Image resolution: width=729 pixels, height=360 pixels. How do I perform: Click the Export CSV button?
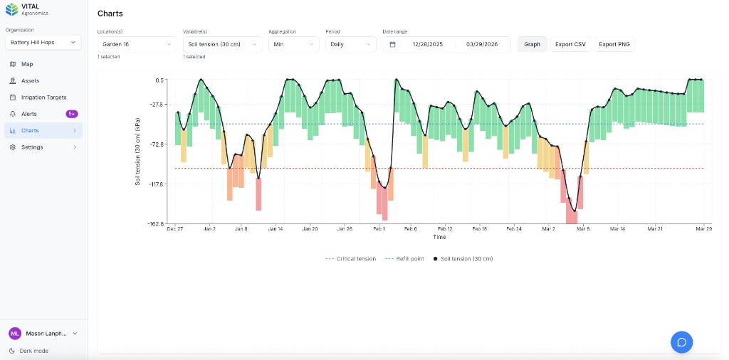click(x=570, y=44)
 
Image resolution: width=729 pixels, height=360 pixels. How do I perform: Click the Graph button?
click(x=532, y=44)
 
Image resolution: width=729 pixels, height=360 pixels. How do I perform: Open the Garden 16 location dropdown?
click(x=137, y=44)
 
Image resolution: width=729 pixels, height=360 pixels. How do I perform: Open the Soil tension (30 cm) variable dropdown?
click(x=222, y=44)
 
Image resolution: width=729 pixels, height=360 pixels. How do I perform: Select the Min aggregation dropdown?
click(x=293, y=44)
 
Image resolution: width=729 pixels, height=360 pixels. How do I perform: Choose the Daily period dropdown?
click(x=350, y=44)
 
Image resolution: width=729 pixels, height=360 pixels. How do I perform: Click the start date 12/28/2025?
click(x=427, y=44)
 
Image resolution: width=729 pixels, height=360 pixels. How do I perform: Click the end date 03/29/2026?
click(x=482, y=44)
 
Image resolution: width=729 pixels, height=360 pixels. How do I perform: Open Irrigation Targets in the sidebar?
click(x=43, y=97)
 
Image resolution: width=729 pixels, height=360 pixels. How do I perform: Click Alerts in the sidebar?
click(x=29, y=114)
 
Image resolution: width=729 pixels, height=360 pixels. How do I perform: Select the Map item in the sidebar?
click(x=27, y=64)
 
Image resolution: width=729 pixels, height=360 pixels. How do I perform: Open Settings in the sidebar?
click(x=32, y=147)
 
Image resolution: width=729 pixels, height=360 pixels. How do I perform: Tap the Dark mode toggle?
click(x=34, y=351)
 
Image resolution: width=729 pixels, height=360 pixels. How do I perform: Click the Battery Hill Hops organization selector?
click(x=43, y=43)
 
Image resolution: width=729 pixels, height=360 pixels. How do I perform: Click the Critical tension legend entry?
click(x=352, y=259)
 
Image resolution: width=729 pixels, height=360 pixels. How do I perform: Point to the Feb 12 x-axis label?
click(x=445, y=229)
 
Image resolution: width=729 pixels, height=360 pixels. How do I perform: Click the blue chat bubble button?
click(x=681, y=342)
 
